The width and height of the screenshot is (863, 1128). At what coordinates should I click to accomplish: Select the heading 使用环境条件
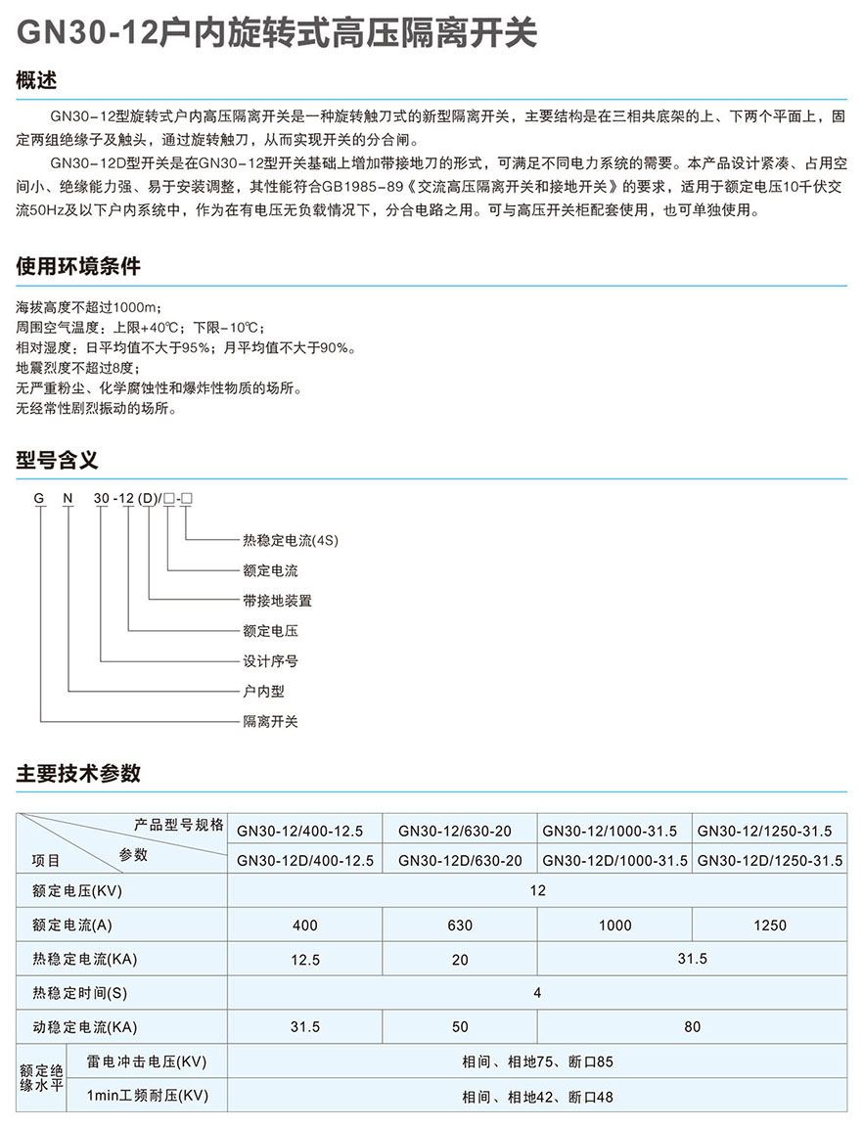point(78,266)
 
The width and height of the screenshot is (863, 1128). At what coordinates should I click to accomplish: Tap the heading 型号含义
point(58,460)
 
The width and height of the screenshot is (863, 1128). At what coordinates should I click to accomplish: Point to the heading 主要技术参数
point(78,773)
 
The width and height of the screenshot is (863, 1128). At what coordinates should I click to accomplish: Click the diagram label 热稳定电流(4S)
point(291,540)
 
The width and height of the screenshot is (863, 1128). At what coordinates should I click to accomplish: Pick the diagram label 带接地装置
point(277,601)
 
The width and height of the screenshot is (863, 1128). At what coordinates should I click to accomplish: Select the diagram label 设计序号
point(270,661)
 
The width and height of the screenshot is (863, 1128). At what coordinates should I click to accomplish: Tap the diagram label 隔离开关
point(270,722)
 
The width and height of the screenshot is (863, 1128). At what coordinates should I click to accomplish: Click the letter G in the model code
point(39,499)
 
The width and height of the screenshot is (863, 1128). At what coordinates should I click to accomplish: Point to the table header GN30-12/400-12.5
point(299,832)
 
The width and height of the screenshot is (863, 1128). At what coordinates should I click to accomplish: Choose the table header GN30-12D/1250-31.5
point(769,862)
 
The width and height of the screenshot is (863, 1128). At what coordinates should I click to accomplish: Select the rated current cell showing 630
point(459,925)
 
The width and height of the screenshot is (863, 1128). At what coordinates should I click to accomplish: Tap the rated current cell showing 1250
point(770,925)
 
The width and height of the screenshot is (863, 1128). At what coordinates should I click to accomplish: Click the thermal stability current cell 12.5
point(305,961)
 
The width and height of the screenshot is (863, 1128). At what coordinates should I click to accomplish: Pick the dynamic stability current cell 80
point(692,1027)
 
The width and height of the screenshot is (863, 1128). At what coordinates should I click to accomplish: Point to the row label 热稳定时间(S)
point(80,994)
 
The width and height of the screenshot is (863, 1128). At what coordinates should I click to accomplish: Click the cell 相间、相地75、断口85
point(537,1061)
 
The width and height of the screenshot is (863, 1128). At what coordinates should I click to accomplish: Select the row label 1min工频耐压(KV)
point(147,1096)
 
